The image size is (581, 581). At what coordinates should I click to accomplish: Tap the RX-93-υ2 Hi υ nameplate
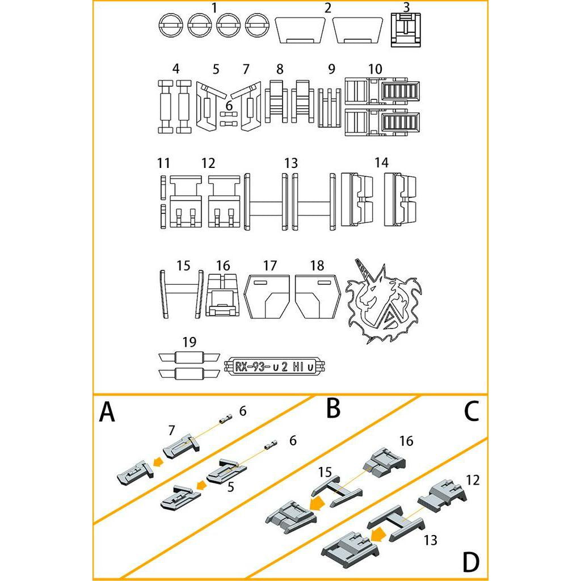point(275,367)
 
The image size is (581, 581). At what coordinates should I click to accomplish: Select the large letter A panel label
point(107,412)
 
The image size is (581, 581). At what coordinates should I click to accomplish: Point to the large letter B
point(334,408)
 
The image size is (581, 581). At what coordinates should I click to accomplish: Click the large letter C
point(471,412)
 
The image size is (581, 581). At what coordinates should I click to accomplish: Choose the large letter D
point(470,562)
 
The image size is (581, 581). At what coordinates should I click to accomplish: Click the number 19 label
point(190,342)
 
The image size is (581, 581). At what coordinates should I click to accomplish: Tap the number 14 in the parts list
point(381,163)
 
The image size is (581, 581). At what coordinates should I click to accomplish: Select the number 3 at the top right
point(406,7)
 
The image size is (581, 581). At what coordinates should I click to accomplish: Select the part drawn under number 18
point(317,297)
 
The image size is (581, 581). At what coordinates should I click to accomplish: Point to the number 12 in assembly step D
point(472,481)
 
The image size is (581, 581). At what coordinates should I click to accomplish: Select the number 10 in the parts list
point(374,69)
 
